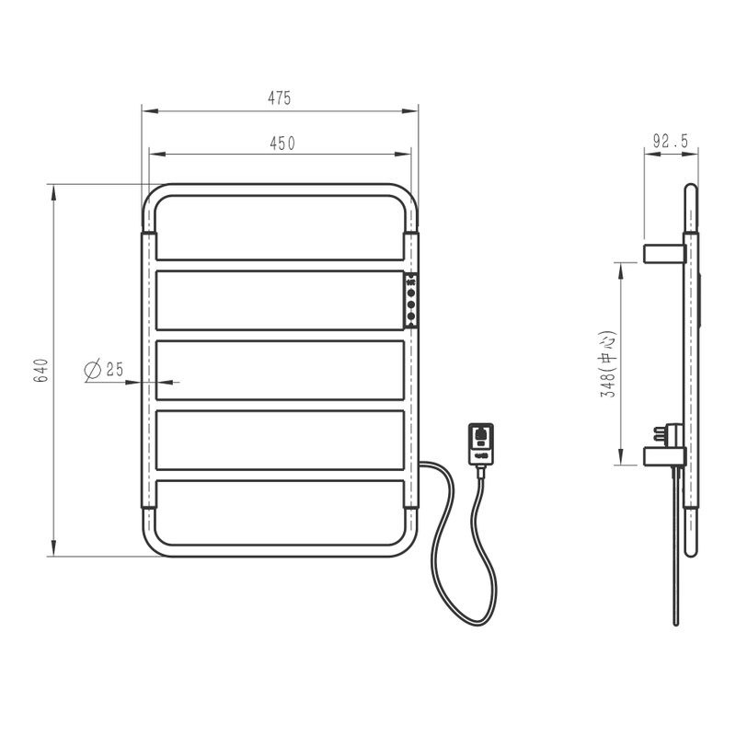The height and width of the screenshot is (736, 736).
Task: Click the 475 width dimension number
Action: tap(280, 98)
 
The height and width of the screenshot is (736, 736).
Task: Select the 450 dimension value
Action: tap(282, 144)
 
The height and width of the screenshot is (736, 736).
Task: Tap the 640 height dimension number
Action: tap(40, 371)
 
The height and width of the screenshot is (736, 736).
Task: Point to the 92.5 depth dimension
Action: tap(671, 141)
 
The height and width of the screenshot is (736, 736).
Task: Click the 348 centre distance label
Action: tap(609, 364)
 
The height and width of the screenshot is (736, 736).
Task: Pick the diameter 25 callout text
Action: tap(104, 369)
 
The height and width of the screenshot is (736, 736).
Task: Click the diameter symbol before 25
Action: tap(93, 369)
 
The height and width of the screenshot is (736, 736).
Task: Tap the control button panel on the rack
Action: tap(410, 301)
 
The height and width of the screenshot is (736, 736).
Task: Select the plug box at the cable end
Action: tap(481, 444)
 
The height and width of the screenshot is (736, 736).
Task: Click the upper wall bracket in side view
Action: tap(664, 254)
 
